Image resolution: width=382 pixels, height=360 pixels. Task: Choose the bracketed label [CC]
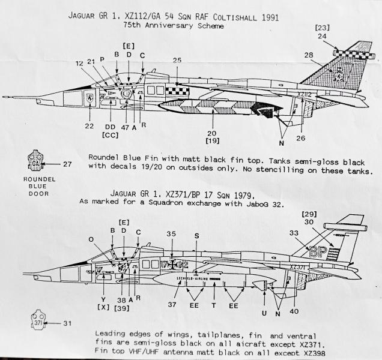click(110, 136)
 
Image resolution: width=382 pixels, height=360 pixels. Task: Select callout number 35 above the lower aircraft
click(172, 235)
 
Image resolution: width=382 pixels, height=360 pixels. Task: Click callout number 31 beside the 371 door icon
click(67, 323)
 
